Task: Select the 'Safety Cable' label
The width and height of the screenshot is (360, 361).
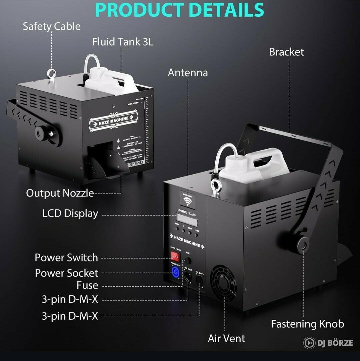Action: tap(52, 27)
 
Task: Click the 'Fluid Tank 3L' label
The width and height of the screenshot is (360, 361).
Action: tap(123, 42)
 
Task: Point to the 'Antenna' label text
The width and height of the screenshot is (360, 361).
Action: tap(188, 73)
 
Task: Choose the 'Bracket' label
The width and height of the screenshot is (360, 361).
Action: tap(286, 52)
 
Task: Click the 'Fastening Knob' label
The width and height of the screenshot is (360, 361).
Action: tap(307, 324)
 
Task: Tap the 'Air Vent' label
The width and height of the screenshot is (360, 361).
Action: tap(226, 338)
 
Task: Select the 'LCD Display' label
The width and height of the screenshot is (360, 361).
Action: tap(70, 213)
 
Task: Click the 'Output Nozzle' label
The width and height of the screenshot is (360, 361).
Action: tap(60, 193)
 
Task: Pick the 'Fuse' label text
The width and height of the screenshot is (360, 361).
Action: tap(87, 285)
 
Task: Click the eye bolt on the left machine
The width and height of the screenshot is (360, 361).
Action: tap(51, 73)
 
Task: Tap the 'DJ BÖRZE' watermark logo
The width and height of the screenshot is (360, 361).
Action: tap(328, 343)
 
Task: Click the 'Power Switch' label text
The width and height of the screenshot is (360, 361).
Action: tap(66, 257)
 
